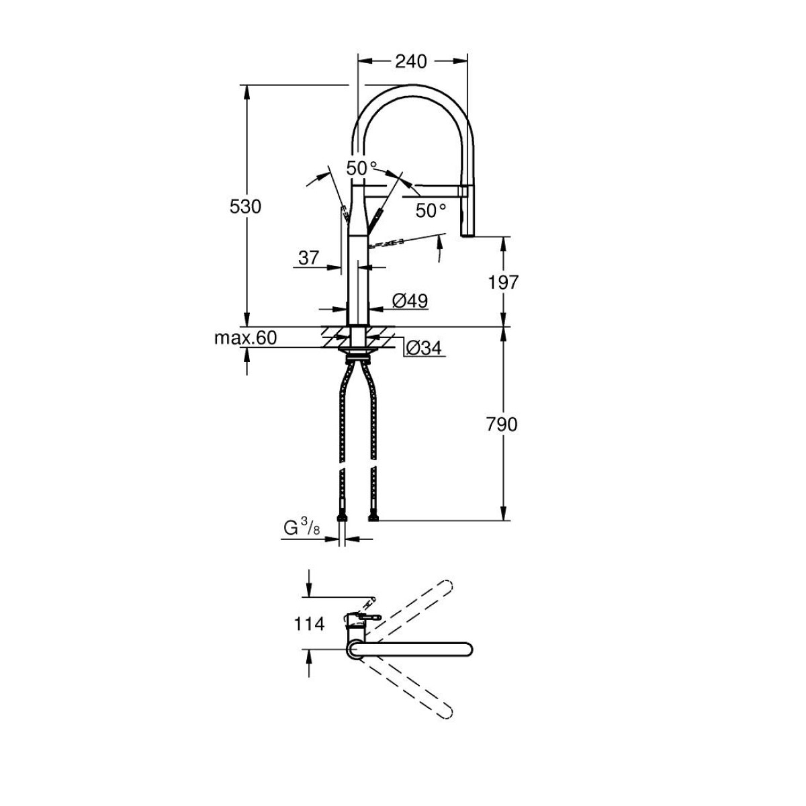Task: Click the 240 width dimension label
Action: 411,62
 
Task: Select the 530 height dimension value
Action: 245,207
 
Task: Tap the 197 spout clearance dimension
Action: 503,283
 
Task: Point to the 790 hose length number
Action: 502,424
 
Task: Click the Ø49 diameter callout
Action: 410,300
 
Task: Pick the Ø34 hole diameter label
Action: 424,347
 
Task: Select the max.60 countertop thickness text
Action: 246,338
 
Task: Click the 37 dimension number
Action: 309,258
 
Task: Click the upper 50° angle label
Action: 361,168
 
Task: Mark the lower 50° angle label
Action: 431,210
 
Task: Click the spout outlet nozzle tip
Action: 468,234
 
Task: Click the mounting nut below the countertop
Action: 357,357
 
